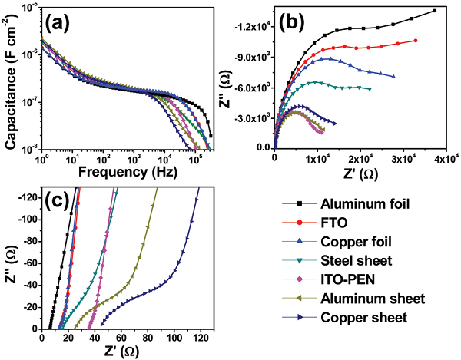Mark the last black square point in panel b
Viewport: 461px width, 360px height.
pyautogui.click(x=434, y=11)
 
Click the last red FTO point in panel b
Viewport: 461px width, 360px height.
pyautogui.click(x=416, y=41)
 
